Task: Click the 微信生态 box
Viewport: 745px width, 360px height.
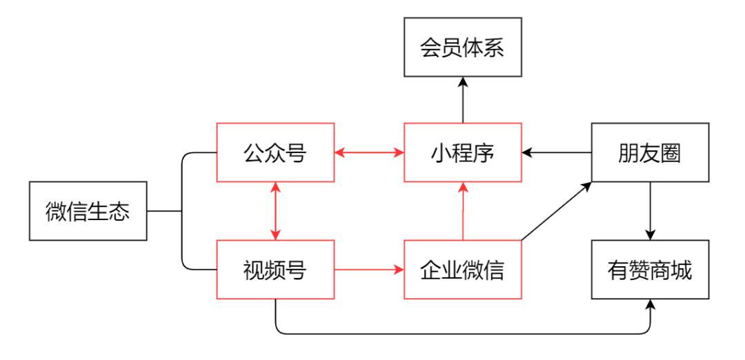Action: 88,211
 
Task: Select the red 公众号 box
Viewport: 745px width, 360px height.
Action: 275,152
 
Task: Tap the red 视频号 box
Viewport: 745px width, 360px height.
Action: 275,270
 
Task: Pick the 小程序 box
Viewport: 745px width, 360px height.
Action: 463,152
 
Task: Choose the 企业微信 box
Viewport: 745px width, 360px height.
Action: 463,270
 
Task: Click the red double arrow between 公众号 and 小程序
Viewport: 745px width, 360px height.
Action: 369,152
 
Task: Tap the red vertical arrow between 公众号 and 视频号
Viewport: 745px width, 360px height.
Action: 275,211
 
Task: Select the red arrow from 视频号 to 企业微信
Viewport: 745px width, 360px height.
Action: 369,270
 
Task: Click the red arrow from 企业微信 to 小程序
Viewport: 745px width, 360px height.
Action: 463,211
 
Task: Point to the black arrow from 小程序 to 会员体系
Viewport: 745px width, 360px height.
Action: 463,100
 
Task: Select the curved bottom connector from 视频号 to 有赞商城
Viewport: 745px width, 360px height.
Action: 462,334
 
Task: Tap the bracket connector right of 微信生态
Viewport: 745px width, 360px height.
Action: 181,211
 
